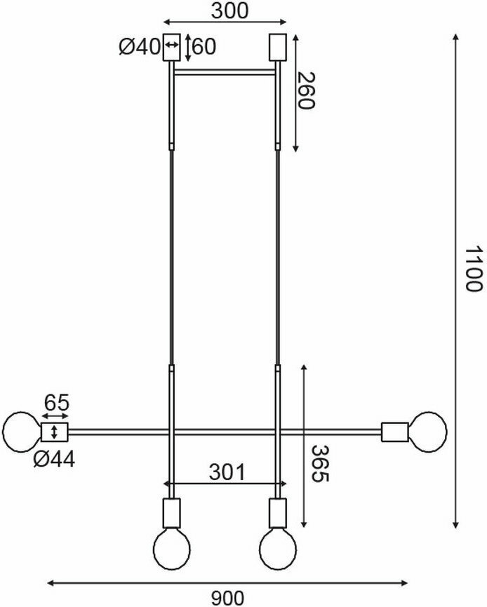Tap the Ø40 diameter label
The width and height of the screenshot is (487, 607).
(x=140, y=47)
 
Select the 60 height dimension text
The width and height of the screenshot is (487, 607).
(x=204, y=47)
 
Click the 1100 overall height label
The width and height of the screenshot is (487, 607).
(x=473, y=269)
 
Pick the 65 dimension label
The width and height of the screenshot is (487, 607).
(x=57, y=403)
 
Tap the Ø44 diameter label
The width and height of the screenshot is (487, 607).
(x=54, y=460)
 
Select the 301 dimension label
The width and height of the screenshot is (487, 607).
(x=227, y=472)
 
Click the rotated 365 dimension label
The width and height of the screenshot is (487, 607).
(x=321, y=464)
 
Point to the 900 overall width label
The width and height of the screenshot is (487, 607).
(x=227, y=598)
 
